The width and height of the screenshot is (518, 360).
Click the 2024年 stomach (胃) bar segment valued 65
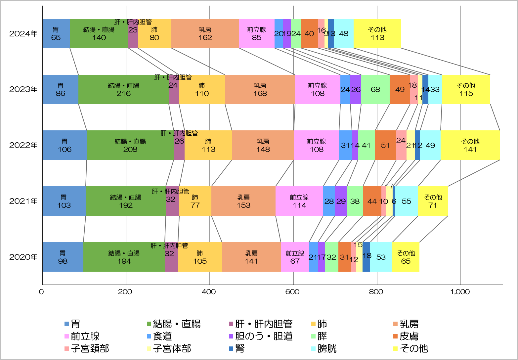56,33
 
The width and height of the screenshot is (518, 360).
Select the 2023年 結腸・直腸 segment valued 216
123,89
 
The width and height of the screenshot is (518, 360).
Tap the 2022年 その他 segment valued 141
470,145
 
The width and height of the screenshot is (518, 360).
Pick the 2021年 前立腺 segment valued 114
299,201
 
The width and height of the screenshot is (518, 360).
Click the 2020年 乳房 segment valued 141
251,257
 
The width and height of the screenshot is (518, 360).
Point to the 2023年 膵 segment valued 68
375,89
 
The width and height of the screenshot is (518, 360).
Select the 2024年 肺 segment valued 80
154,33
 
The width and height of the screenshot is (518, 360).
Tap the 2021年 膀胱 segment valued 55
406,201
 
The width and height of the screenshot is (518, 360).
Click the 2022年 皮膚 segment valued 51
385,145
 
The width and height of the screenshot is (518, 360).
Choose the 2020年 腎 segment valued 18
366,257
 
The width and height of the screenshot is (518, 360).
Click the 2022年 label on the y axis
23,145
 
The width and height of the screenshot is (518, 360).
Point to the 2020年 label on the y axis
23,257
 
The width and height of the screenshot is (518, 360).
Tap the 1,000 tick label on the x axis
460,292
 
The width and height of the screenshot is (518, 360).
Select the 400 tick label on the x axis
209,292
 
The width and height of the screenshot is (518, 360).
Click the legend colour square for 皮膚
396,336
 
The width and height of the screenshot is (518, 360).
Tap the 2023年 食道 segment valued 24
345,89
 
